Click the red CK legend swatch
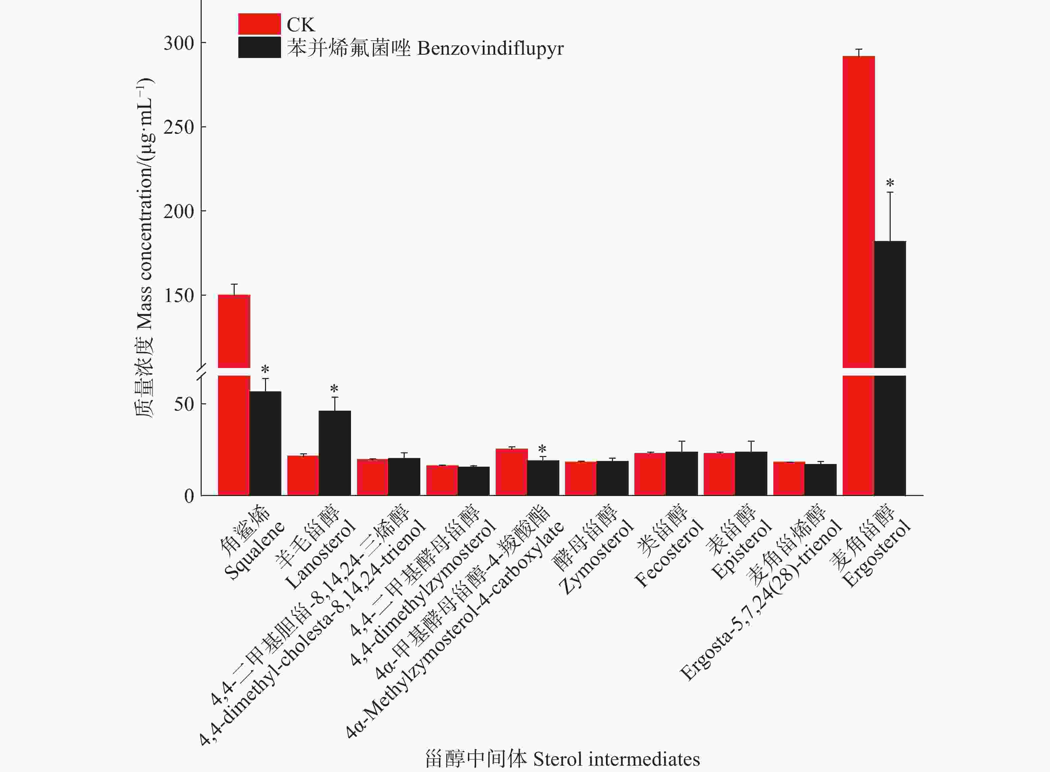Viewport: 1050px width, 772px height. click(259, 24)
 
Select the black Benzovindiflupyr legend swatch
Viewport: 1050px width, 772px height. click(259, 48)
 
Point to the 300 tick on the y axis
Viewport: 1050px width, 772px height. click(179, 43)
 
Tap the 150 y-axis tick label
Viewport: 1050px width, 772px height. click(179, 295)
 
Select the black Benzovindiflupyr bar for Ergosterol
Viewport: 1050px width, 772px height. click(890, 327)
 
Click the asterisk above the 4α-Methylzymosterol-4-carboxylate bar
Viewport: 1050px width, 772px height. click(542, 450)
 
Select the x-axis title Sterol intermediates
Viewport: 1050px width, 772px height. click(562, 759)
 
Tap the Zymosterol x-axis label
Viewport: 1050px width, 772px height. click(593, 547)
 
